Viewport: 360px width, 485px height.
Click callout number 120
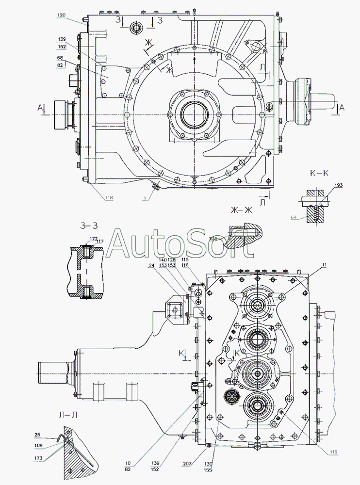pos(61,16)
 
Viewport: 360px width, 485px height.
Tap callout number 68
pos(60,58)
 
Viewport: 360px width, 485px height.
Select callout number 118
pos(108,198)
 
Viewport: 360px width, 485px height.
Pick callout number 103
pos(213,239)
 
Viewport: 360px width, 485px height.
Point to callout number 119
pos(333,453)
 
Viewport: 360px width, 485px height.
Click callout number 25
pos(38,435)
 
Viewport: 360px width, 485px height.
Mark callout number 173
pos(38,458)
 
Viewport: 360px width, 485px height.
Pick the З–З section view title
pos(89,225)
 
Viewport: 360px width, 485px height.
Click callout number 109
pos(38,445)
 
